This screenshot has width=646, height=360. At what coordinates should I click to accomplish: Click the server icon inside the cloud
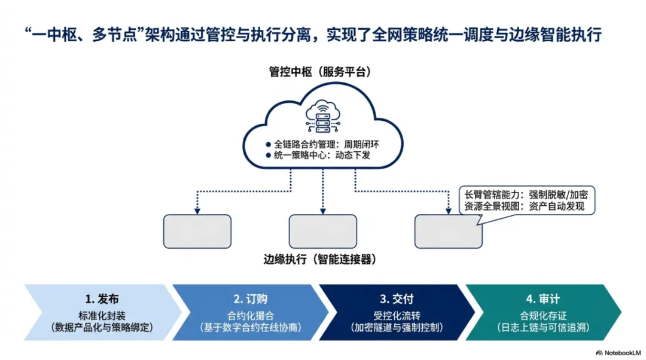(322, 117)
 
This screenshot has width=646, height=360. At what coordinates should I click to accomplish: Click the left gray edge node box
(197, 231)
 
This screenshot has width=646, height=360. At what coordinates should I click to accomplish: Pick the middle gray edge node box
(322, 231)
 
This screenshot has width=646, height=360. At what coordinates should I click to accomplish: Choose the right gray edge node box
(448, 231)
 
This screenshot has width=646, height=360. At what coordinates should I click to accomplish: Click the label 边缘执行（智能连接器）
(323, 260)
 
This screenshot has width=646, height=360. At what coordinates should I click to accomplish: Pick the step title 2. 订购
(249, 298)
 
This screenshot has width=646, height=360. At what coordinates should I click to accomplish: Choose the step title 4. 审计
(543, 298)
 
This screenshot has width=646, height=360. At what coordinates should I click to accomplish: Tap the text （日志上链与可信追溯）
(543, 328)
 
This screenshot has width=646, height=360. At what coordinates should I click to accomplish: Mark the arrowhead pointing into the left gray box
(197, 210)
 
